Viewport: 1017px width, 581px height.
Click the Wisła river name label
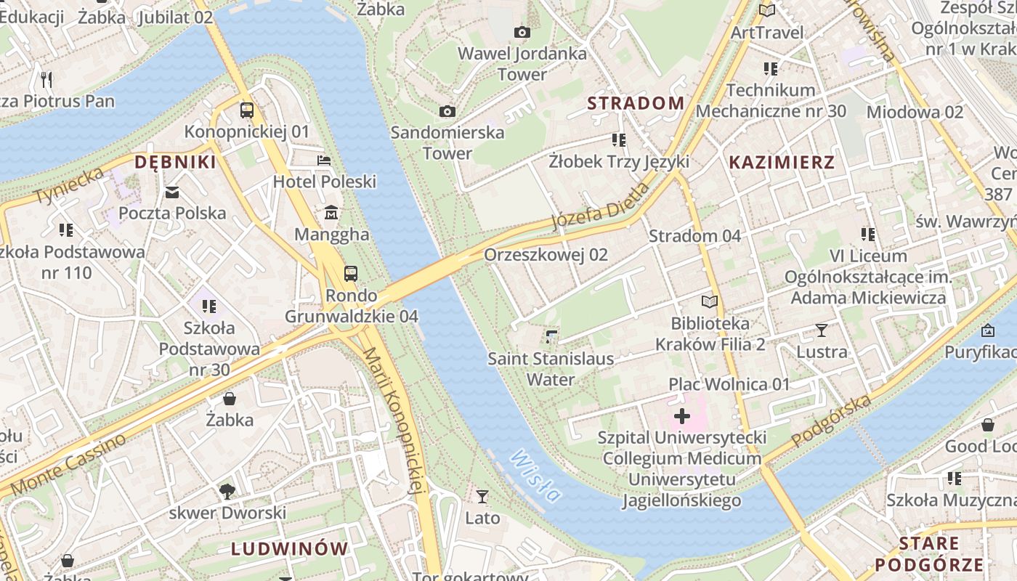pyautogui.click(x=536, y=476)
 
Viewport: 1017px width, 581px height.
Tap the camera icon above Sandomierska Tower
pyautogui.click(x=447, y=111)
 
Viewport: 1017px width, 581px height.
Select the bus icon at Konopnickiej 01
pyautogui.click(x=247, y=110)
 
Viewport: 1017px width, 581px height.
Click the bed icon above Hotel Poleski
pyautogui.click(x=324, y=160)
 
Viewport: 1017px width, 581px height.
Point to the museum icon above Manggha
pyautogui.click(x=331, y=213)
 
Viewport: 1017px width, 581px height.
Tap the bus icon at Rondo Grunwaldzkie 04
pyautogui.click(x=351, y=273)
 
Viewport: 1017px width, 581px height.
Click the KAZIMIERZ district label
pyautogui.click(x=782, y=162)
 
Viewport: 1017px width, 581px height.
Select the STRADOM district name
pyautogui.click(x=636, y=103)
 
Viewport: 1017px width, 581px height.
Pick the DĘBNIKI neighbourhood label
pyautogui.click(x=176, y=162)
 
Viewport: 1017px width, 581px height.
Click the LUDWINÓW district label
pyautogui.click(x=290, y=548)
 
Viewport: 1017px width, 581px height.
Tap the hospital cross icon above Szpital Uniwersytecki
pyautogui.click(x=681, y=416)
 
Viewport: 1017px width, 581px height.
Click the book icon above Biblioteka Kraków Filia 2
pyautogui.click(x=710, y=301)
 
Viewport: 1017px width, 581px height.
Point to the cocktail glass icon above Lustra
pyautogui.click(x=821, y=330)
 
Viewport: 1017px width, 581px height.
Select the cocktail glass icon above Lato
pyautogui.click(x=482, y=497)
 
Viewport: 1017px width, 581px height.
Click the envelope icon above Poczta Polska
pyautogui.click(x=172, y=192)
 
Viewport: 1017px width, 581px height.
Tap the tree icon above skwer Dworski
pyautogui.click(x=227, y=491)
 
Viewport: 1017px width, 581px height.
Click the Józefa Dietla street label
pyautogui.click(x=600, y=206)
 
